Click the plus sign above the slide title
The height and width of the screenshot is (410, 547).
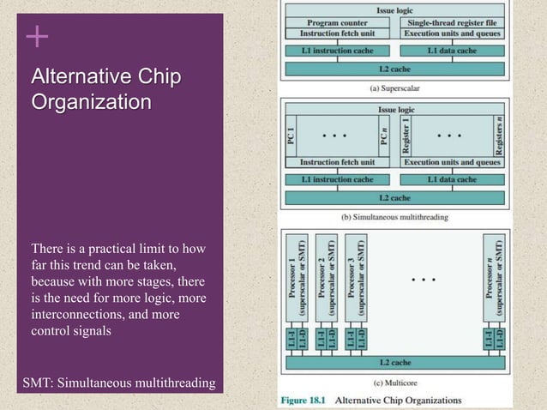click(36, 38)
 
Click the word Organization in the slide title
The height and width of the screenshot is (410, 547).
click(92, 103)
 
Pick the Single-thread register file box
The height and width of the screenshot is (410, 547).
click(453, 22)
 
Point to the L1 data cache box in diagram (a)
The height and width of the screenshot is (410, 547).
click(453, 51)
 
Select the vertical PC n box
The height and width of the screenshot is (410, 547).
click(386, 136)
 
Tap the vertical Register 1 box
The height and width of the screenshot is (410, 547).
click(406, 136)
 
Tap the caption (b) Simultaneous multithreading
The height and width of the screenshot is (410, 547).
click(394, 217)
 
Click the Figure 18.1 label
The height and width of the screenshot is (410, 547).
click(304, 400)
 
